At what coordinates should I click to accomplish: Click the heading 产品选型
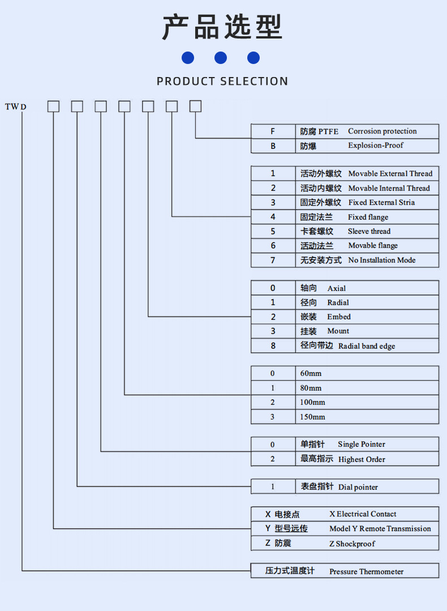pos(222,27)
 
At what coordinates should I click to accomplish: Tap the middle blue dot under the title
pos(221,58)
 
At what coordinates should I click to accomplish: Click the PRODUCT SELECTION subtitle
pos(222,81)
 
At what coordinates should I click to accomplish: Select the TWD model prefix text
pos(16,106)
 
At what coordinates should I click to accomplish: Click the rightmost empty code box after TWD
pos(195,106)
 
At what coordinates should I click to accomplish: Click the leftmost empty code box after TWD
pos(53,106)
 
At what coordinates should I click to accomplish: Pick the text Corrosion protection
pos(382,131)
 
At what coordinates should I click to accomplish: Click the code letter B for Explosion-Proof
pos(273,146)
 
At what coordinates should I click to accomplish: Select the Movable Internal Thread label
pos(389,189)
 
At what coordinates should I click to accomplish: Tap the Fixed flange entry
pos(368,217)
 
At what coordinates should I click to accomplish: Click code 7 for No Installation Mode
pos(273,260)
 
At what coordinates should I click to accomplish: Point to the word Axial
pos(336,288)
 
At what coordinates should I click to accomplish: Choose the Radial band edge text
pos(367,346)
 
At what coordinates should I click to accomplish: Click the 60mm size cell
pos(311,374)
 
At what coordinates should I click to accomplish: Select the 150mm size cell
pos(312,417)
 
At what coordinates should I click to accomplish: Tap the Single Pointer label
pos(361,445)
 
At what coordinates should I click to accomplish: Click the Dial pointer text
pos(358,487)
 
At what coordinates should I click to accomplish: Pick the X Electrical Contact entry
pos(363,514)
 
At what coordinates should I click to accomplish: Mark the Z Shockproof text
pos(352,544)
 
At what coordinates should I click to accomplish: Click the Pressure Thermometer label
pos(366,571)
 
